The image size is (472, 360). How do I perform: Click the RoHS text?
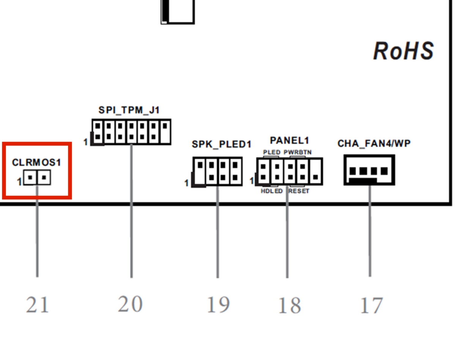pos(403,51)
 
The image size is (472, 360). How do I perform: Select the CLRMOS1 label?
pos(36,163)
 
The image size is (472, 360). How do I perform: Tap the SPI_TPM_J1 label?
pos(129,110)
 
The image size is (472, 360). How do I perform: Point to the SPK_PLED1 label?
pos(222,144)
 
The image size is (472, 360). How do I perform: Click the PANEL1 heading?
pos(289,141)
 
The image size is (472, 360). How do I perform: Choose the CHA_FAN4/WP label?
pos(374,144)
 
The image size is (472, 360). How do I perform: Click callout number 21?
pos(37,305)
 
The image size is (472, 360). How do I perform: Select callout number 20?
pos(130,304)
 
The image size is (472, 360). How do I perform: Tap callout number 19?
pos(218,305)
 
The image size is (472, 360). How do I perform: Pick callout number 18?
pos(289,306)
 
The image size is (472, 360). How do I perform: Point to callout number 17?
pos(371,306)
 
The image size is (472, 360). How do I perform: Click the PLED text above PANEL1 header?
pos(272,152)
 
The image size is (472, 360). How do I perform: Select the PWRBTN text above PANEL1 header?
pos(298,152)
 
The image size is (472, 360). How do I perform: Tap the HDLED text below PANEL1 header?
pos(272,191)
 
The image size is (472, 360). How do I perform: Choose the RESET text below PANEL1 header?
pos(299,191)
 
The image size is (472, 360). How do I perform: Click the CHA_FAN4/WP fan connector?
pos(369,170)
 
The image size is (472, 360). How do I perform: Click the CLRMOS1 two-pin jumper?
pos(37,177)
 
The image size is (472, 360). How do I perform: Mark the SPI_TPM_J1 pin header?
pos(131,131)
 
